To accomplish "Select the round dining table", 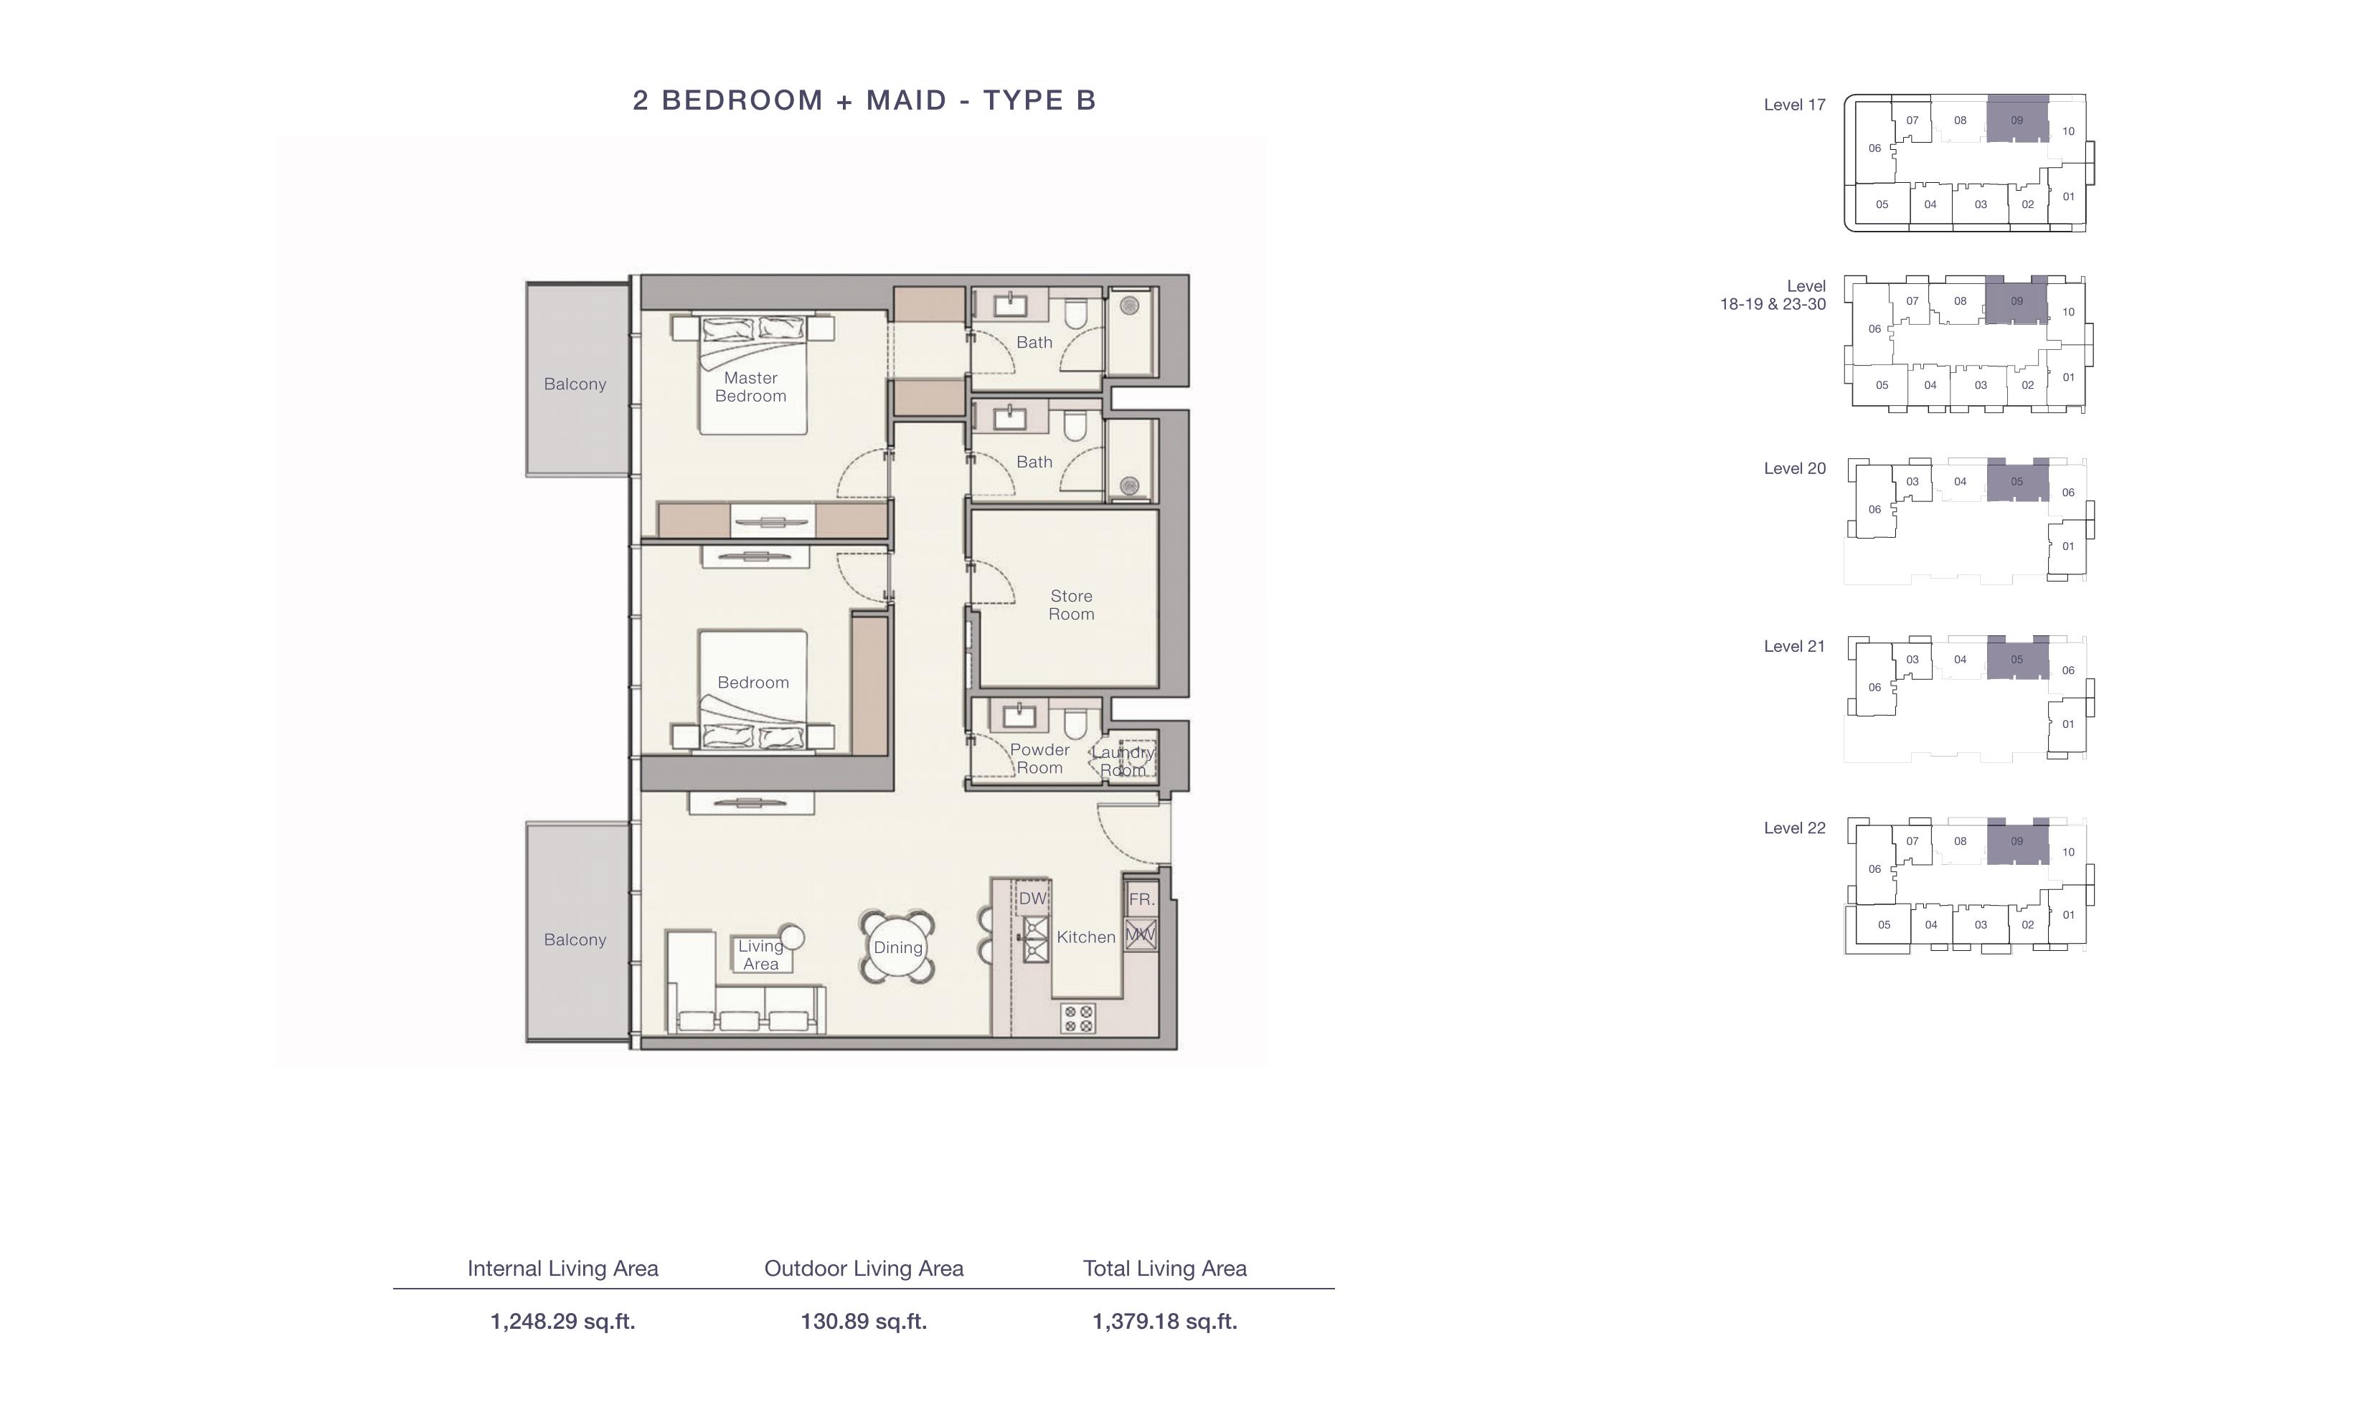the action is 897,947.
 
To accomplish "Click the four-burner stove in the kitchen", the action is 1078,1018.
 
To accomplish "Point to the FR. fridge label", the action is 1141,899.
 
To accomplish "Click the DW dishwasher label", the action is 1032,899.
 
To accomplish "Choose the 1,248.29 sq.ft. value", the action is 562,1321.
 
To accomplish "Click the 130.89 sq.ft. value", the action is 863,1321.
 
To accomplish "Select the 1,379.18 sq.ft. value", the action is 1164,1321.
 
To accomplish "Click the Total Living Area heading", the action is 1164,1269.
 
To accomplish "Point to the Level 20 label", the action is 1795,468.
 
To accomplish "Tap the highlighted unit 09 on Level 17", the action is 2017,120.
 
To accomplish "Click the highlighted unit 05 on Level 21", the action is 2017,658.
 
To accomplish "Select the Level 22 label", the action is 1795,828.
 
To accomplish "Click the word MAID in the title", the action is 906,100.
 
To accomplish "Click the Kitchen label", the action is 1085,937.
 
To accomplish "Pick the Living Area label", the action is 760,954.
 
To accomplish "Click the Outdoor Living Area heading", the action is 863,1269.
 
